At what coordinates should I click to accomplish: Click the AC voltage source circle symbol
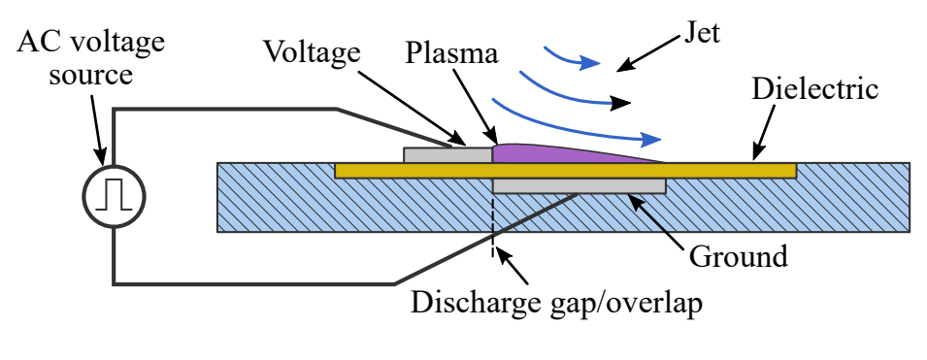tap(113, 196)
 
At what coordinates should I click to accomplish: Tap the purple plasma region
tap(544, 153)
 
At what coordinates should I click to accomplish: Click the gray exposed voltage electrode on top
tap(447, 154)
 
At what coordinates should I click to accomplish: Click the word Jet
tap(701, 35)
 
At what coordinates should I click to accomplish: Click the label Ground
tap(738, 258)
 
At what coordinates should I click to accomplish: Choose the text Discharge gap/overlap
tap(556, 302)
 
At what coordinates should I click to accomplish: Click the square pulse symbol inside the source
tap(113, 196)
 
